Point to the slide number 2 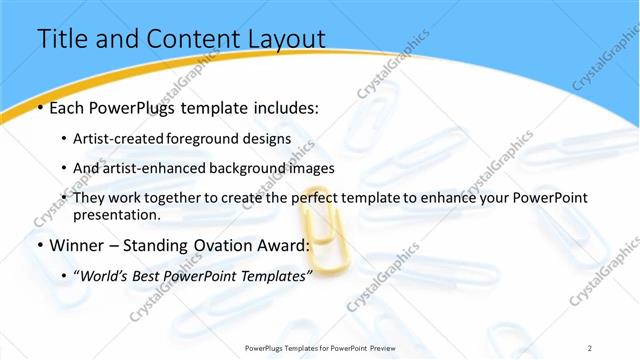coord(590,348)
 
